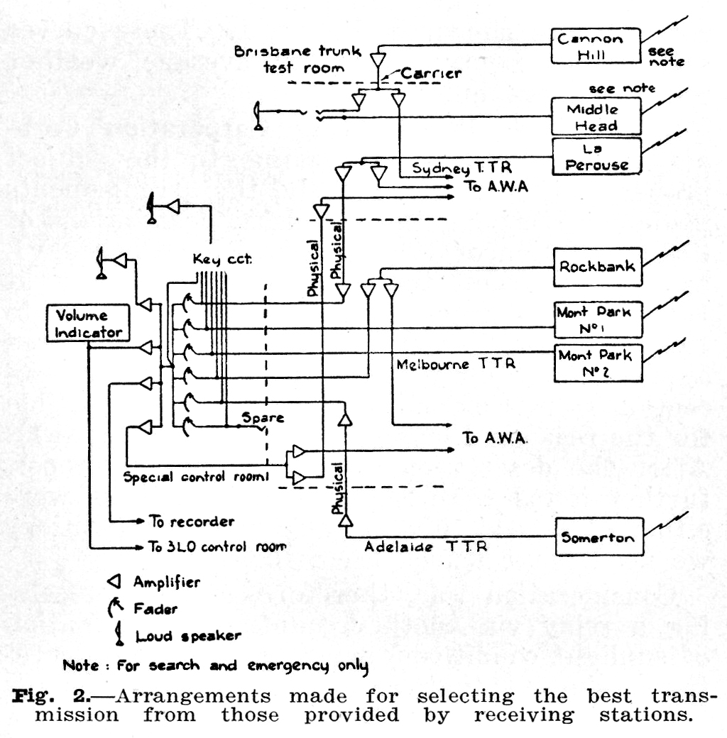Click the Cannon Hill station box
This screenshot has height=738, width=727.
click(596, 47)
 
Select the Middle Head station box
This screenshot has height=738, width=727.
click(596, 117)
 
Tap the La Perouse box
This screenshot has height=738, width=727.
click(596, 157)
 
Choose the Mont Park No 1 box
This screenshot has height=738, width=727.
click(598, 319)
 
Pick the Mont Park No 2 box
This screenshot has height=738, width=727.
click(598, 363)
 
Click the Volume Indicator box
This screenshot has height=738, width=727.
click(88, 323)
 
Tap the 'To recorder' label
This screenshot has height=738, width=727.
click(191, 522)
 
